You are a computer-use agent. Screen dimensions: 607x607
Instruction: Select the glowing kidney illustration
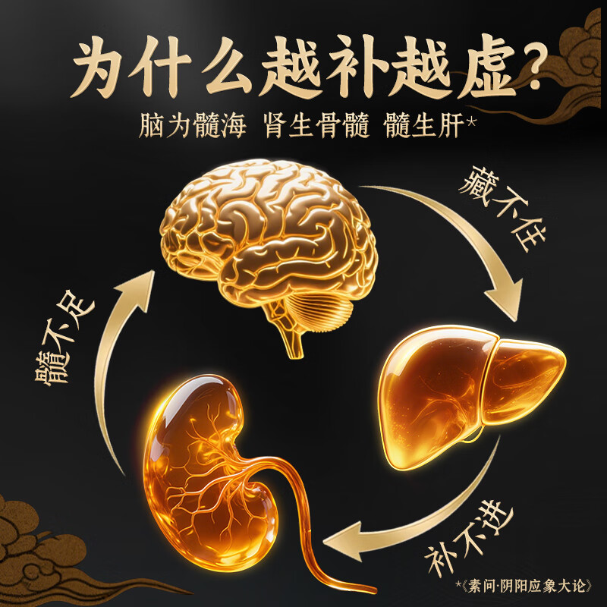[x=209, y=463]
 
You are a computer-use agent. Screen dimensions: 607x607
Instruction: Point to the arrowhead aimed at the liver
[x=505, y=300]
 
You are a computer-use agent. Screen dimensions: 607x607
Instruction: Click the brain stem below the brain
[x=288, y=334]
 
